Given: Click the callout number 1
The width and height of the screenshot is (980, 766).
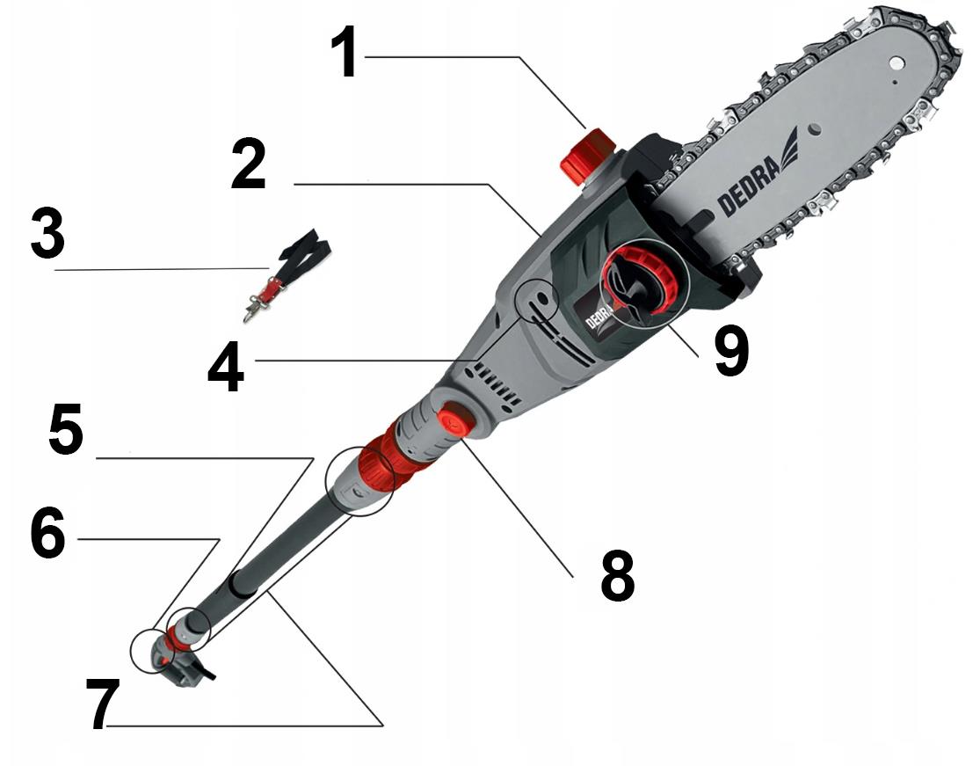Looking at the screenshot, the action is pyautogui.click(x=344, y=53).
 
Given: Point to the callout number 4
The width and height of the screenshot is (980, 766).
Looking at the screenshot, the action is pyautogui.click(x=226, y=369).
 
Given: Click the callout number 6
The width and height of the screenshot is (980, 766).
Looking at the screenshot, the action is pyautogui.click(x=48, y=532).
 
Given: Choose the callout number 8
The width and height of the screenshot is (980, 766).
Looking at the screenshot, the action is pyautogui.click(x=618, y=576).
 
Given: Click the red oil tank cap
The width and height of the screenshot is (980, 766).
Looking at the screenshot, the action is pyautogui.click(x=588, y=155).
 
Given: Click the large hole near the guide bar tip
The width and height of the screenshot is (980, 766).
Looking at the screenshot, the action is pyautogui.click(x=898, y=62).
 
